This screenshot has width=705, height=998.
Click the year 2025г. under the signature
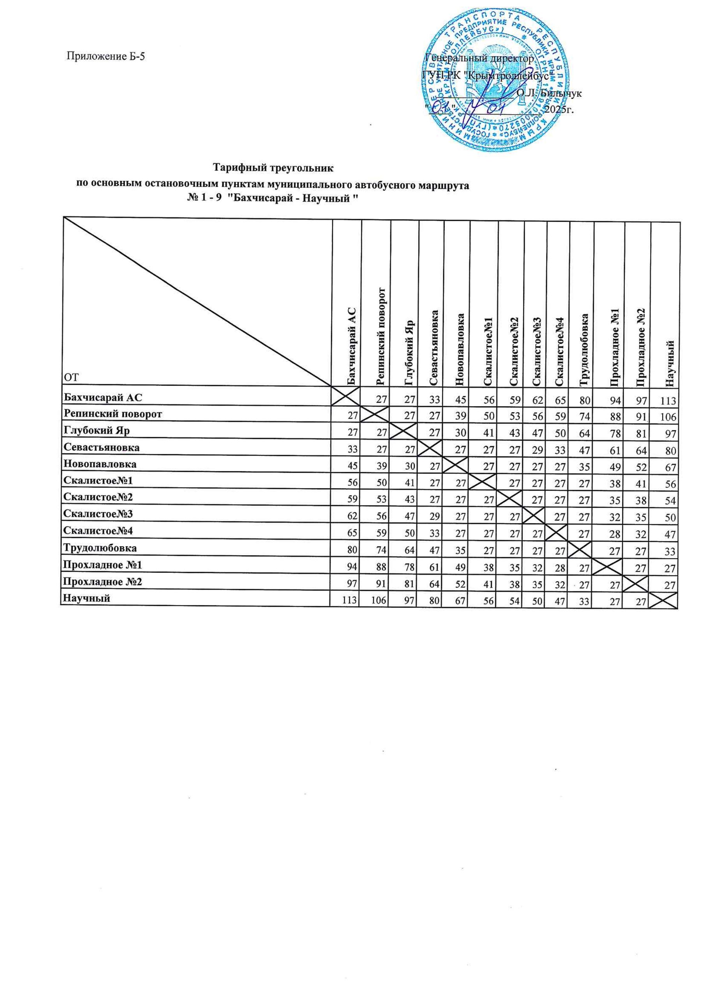(559, 109)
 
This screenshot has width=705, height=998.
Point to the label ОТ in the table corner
(70, 377)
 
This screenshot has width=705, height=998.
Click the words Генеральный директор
(479, 58)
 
